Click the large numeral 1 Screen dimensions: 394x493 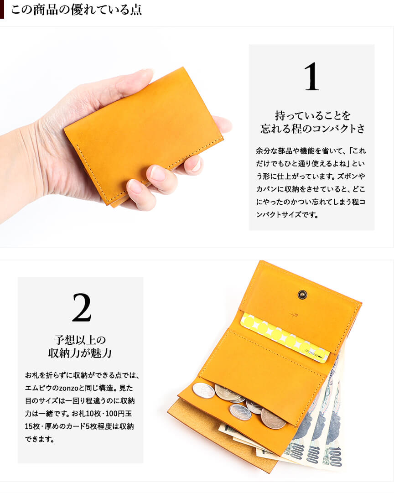(x=311, y=77)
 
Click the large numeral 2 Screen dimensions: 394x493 (x=82, y=307)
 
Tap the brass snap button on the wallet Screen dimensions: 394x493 (x=302, y=295)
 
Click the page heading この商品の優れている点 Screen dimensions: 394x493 (x=76, y=10)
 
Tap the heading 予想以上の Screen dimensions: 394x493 (x=80, y=340)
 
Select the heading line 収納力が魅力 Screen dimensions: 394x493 (x=80, y=353)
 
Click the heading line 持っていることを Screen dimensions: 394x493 (x=312, y=115)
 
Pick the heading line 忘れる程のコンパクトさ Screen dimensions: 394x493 (x=312, y=129)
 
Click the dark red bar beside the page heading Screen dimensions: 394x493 (x=2, y=9)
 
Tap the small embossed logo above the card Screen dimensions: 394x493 (x=294, y=315)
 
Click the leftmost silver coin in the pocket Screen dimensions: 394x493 (x=203, y=390)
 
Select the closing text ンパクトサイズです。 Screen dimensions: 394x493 (x=287, y=215)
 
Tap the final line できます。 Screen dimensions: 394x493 (x=39, y=439)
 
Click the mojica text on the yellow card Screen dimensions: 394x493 (x=311, y=353)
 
